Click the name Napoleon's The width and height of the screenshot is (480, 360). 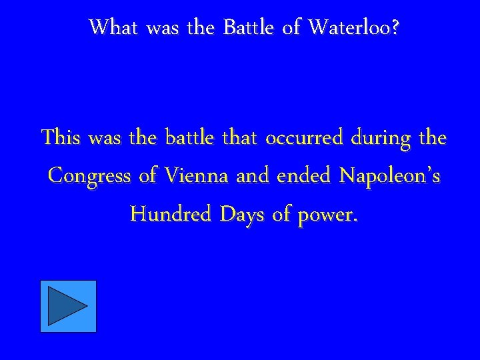[x=389, y=176]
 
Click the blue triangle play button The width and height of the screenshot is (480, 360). [x=68, y=306]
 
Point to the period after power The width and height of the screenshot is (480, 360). [x=355, y=221]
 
